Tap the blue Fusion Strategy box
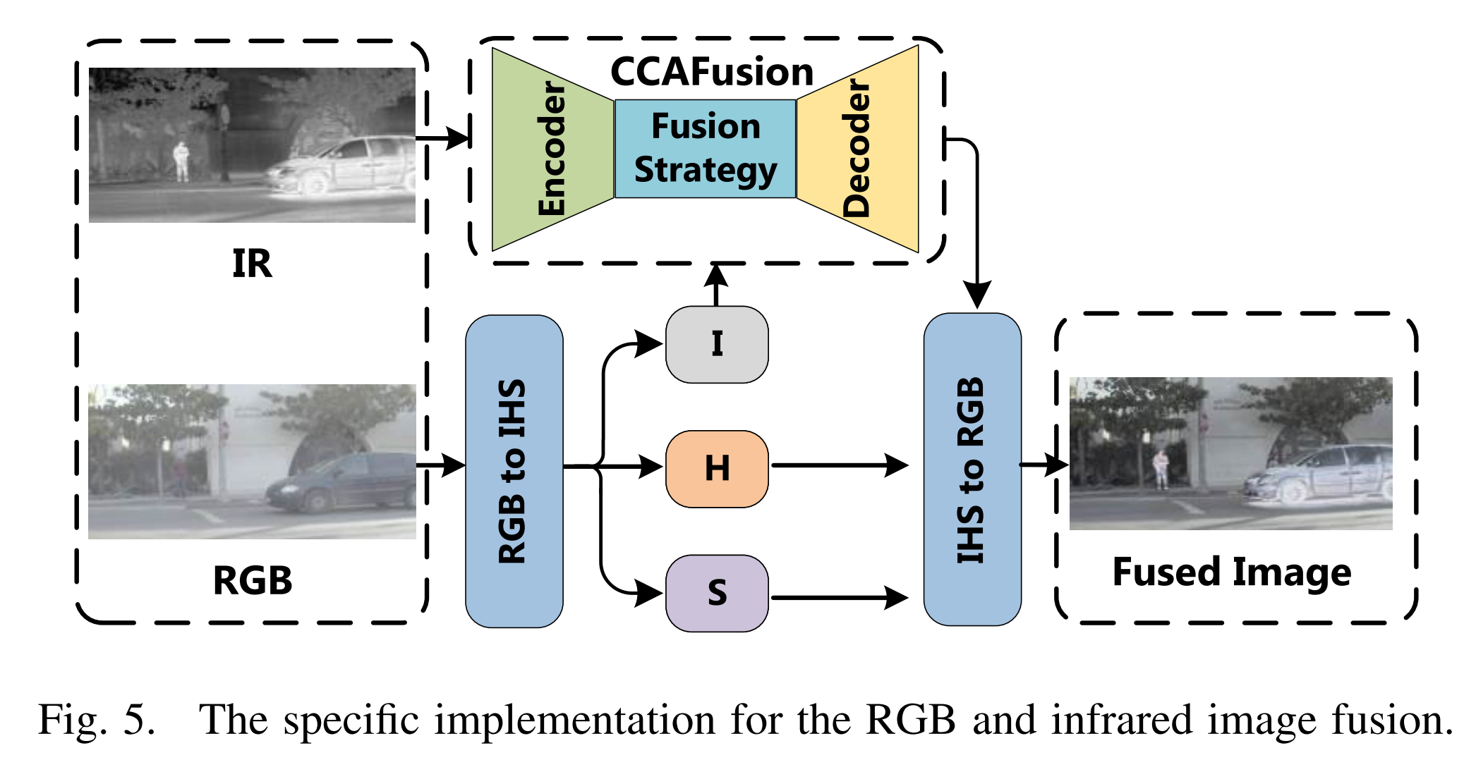[706, 149]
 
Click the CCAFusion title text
[711, 72]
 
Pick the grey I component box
[717, 345]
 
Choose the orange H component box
[717, 469]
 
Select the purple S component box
[717, 593]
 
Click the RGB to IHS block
[514, 471]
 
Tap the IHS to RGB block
[972, 470]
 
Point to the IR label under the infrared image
[252, 264]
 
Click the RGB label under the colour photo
[253, 581]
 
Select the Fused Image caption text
[1231, 572]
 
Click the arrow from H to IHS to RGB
[840, 465]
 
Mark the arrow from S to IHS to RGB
[840, 598]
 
